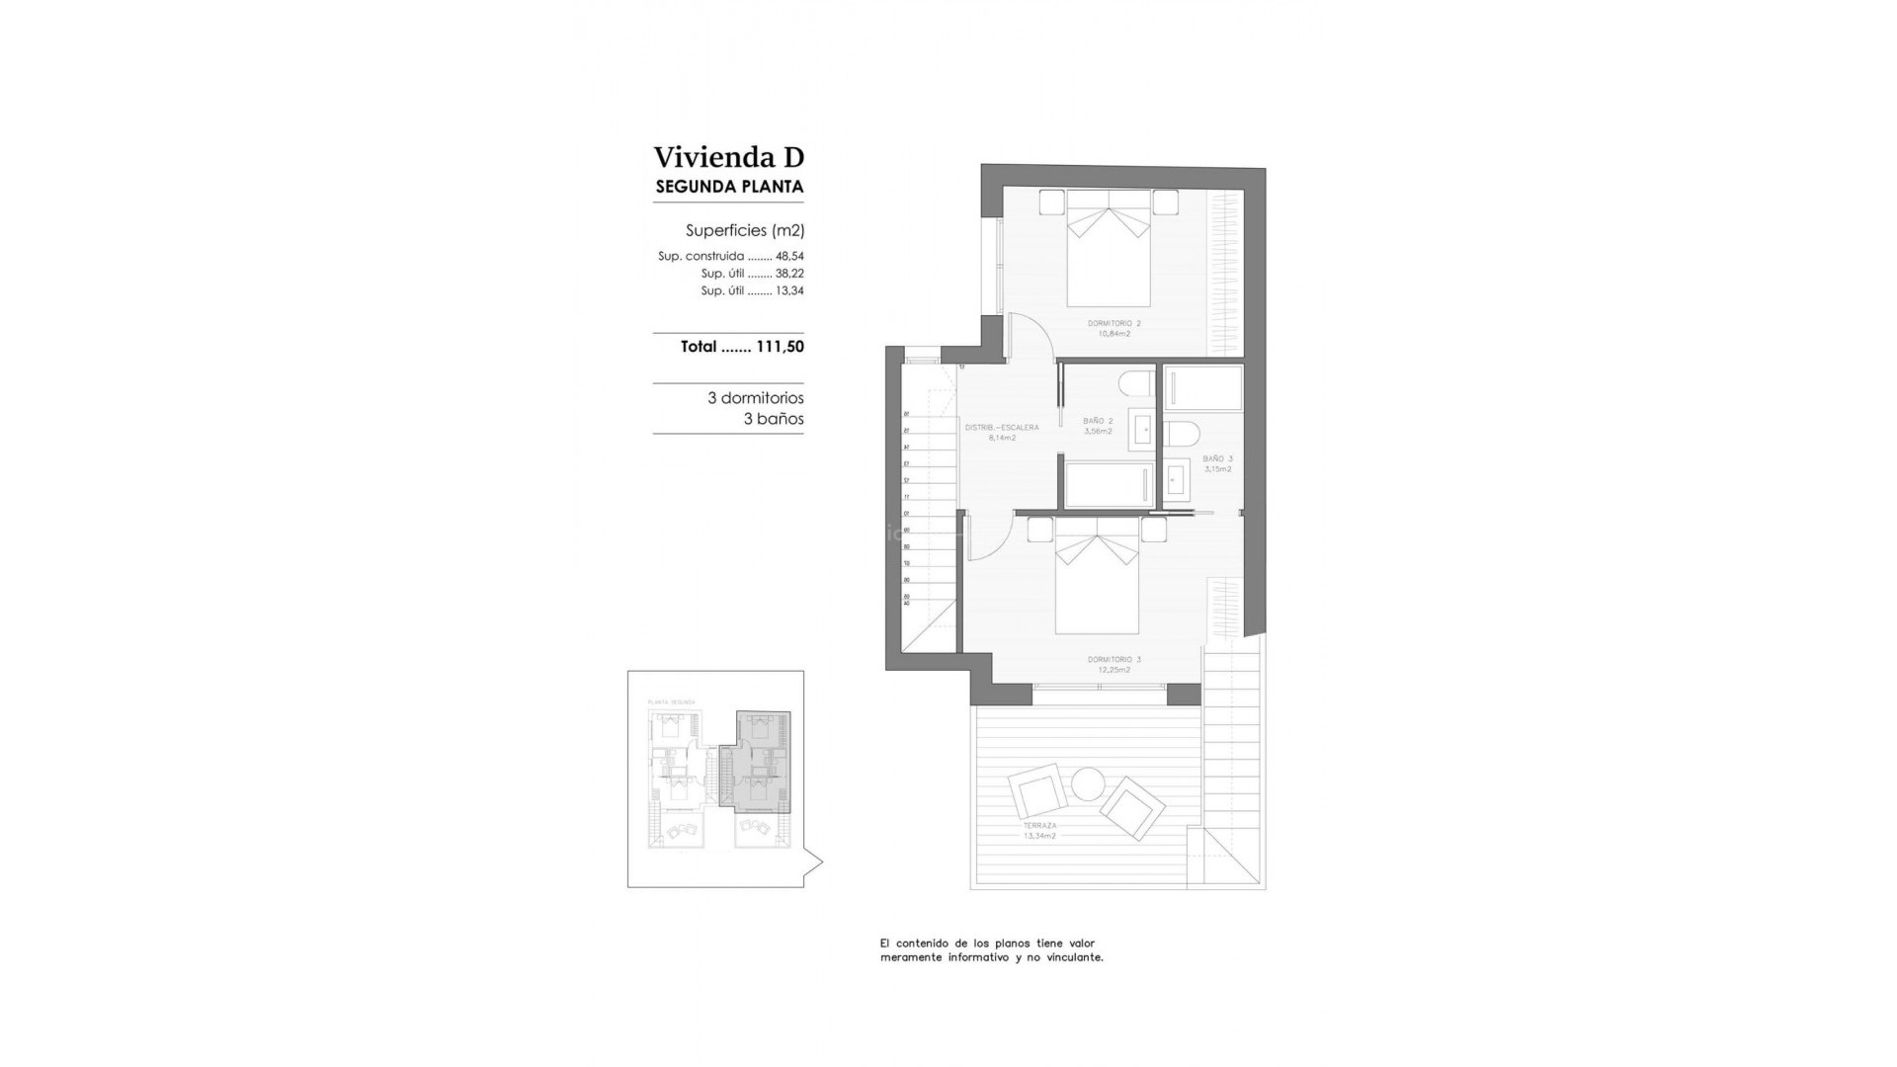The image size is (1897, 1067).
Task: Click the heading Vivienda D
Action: (x=728, y=157)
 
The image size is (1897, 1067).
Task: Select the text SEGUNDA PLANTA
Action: (x=729, y=187)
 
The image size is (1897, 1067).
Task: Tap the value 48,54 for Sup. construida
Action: (x=789, y=256)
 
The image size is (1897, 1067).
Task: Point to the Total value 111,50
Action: (x=780, y=347)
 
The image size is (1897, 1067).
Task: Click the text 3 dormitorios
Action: (x=755, y=398)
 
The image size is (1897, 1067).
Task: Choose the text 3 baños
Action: (x=773, y=419)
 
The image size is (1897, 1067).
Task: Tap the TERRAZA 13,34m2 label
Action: (x=1039, y=830)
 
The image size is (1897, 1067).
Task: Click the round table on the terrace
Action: (x=1088, y=784)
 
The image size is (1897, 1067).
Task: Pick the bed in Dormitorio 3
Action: (x=1097, y=588)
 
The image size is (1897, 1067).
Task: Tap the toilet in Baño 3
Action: (x=1182, y=434)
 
